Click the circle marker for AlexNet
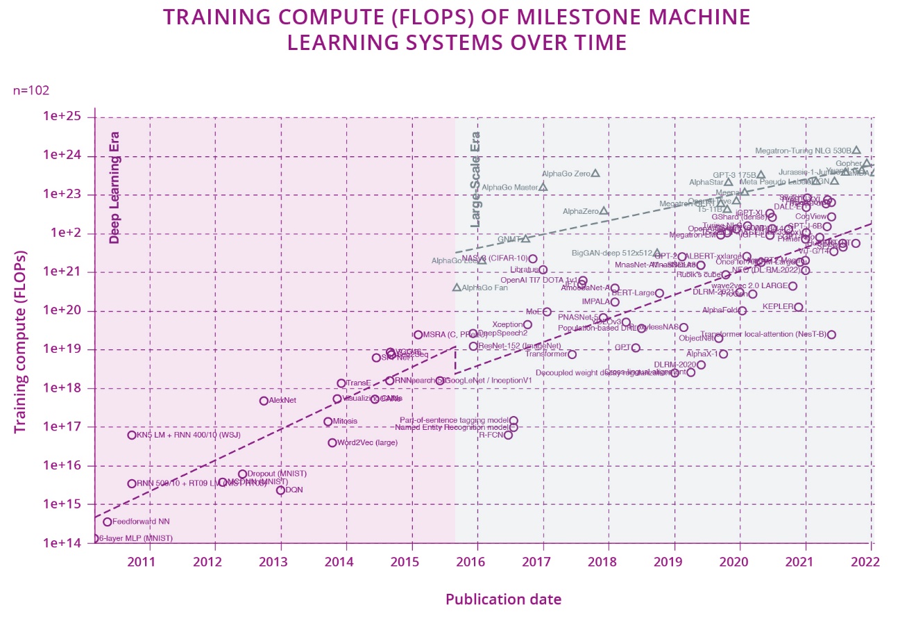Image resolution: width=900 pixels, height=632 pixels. [x=264, y=401]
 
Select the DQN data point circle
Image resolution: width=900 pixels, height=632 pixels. [x=280, y=490]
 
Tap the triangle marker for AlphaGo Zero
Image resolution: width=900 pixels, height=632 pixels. [x=595, y=173]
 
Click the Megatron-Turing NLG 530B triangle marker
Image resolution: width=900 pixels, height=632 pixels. [x=856, y=150]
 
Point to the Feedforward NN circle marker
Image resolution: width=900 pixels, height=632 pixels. [x=108, y=522]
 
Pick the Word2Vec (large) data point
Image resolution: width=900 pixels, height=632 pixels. [x=332, y=443]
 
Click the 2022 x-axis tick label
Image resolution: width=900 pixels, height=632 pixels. [x=869, y=561]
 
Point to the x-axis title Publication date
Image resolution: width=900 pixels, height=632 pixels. [x=503, y=599]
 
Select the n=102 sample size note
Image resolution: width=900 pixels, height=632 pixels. [x=31, y=90]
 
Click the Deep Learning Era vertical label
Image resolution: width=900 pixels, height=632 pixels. [x=114, y=188]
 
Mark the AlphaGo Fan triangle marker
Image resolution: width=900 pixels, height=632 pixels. [x=457, y=288]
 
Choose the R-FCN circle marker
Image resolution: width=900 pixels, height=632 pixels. [x=508, y=435]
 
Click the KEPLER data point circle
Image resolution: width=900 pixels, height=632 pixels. [x=798, y=307]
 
